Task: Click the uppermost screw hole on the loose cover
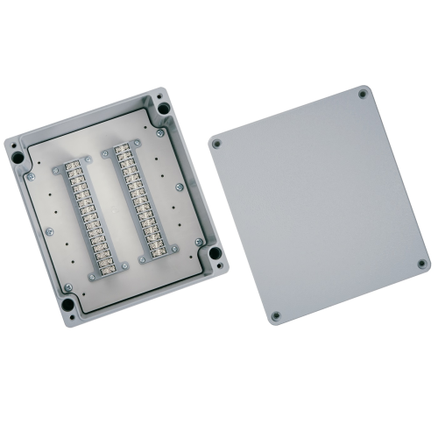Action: pos(363,92)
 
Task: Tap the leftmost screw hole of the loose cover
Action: pos(215,144)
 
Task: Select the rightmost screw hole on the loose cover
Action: pos(421,263)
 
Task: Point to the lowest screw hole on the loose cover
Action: pos(276,315)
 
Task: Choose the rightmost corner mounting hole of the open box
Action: pos(210,254)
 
